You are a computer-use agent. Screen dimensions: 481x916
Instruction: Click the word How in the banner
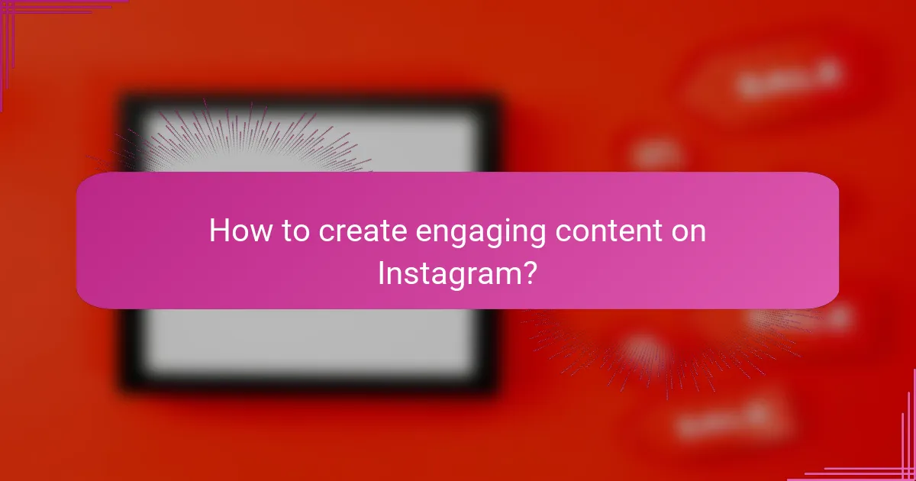click(235, 231)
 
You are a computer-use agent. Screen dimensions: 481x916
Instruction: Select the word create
click(362, 231)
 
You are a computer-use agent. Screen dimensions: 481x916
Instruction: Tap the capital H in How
click(219, 231)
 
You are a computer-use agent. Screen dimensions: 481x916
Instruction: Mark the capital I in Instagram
click(382, 273)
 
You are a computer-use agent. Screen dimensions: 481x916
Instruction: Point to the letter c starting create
click(327, 233)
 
